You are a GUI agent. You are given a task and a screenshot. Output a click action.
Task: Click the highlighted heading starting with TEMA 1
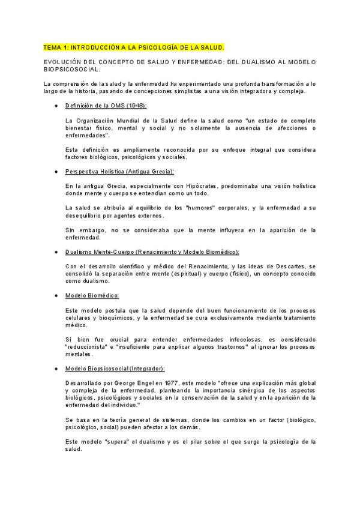134,46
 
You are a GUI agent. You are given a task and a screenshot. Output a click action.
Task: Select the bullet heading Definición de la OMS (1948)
106,105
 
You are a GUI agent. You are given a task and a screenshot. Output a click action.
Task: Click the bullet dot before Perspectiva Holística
56,171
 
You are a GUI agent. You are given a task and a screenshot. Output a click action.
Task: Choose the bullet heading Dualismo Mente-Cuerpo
152,251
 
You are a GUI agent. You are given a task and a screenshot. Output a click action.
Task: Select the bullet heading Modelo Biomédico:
92,295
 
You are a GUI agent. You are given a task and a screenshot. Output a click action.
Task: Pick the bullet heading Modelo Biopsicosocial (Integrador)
115,368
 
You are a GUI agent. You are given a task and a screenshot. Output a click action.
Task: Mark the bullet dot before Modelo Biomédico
56,295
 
